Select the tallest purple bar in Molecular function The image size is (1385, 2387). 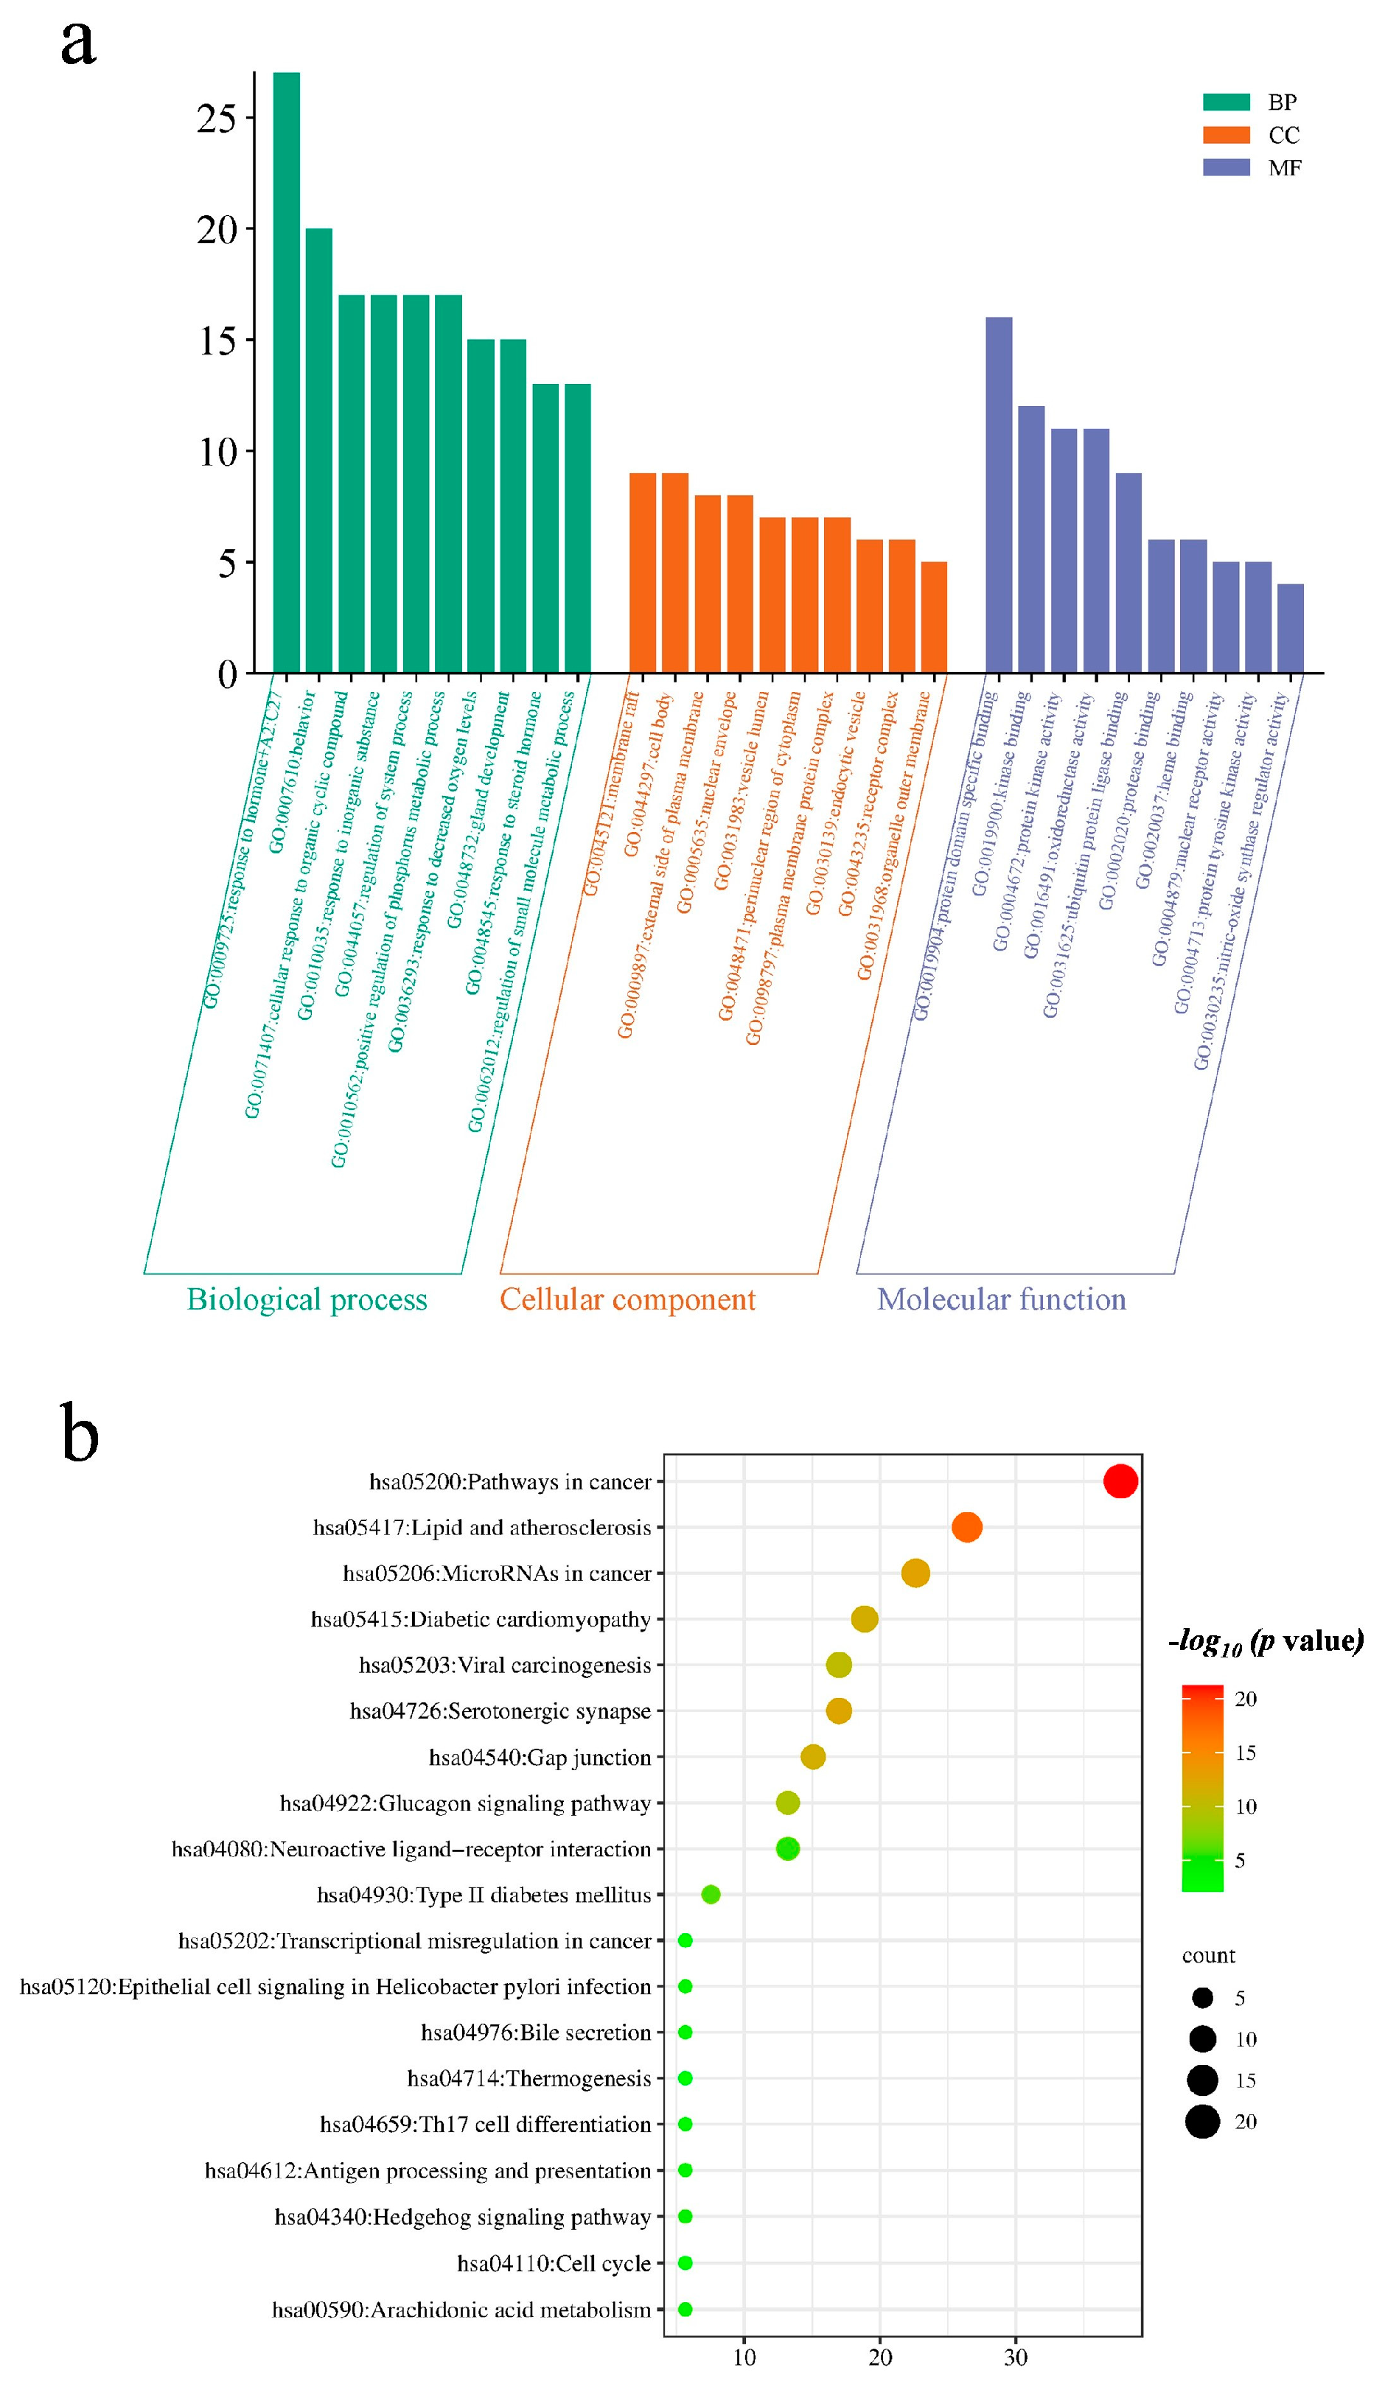999,494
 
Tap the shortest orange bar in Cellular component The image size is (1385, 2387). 933,617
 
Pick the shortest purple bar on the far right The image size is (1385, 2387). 1289,628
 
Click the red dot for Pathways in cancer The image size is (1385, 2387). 1120,1481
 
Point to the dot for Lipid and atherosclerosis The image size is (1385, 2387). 966,1527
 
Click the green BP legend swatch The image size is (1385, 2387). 1226,102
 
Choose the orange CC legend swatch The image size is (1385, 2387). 1226,135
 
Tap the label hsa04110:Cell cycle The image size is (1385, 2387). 554,2263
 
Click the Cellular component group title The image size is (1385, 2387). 627,1299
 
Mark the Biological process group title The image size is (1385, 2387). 307,1299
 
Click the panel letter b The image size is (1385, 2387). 80,1435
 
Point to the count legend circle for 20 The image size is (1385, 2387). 1202,2121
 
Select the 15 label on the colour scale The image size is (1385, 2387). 1245,1752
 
